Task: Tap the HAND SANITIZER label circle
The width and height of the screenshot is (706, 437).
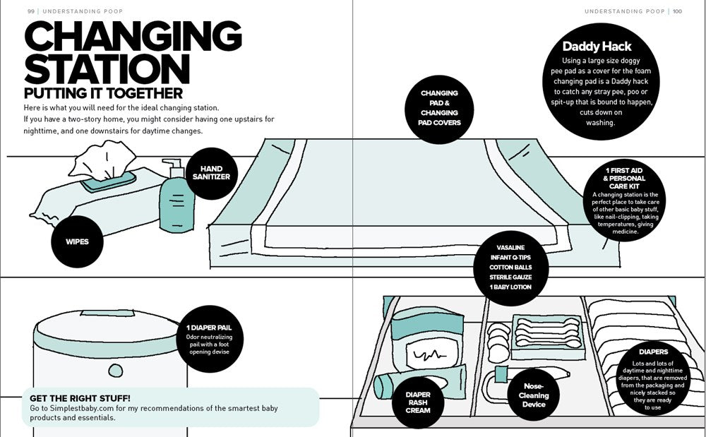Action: [x=211, y=173]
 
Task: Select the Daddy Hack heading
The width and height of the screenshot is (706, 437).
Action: [x=597, y=47]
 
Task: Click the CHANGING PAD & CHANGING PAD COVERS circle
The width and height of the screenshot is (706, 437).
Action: [x=439, y=108]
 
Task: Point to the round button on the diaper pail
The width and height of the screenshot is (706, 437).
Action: [x=115, y=369]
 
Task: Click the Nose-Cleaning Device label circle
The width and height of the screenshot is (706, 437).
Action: [x=534, y=395]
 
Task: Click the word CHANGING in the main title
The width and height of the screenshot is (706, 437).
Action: [x=133, y=37]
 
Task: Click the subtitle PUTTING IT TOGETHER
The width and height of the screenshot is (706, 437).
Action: [x=103, y=93]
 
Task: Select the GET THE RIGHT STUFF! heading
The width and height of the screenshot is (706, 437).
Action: [x=80, y=398]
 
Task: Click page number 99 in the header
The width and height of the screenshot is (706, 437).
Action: [x=31, y=11]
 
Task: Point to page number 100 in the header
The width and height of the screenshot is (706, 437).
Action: [x=677, y=11]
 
